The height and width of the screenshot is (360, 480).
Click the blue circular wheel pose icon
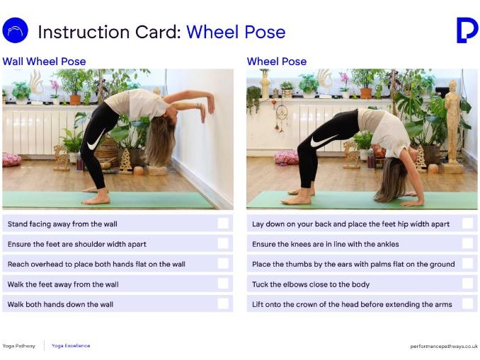coord(15,31)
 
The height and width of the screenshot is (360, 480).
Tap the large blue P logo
coord(467,30)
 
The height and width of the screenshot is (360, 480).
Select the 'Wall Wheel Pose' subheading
coord(44,62)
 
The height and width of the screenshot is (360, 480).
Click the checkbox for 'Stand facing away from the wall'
coord(223,223)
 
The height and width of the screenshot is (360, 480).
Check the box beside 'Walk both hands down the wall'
coord(223,304)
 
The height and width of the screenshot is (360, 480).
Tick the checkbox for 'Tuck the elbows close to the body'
coord(467,284)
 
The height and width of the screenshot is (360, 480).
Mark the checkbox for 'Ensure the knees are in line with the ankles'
coord(467,244)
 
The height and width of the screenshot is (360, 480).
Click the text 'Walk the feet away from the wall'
coord(63,284)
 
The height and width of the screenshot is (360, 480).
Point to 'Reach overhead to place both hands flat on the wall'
coord(96,265)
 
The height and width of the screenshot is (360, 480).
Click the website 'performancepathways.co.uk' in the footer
coord(444,346)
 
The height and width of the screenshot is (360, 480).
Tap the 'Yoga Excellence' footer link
coord(71,346)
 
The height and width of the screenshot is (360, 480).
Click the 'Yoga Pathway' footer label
coord(18,346)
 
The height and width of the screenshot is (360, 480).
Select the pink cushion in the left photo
coord(11,159)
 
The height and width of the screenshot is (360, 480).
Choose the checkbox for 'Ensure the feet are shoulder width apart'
coord(223,244)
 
